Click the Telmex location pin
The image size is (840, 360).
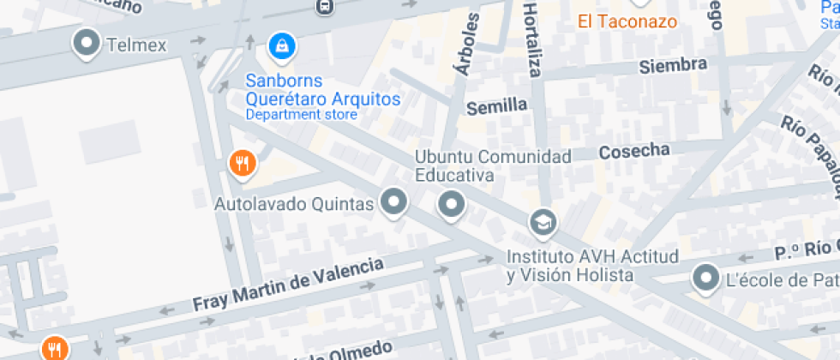point(87,43)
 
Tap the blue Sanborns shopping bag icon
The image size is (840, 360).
point(279,45)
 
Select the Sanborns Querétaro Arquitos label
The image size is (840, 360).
point(322,90)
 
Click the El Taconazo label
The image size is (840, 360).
point(627,21)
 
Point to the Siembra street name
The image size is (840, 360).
point(673,65)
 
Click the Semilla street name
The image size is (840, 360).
point(496,105)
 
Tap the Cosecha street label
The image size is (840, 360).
point(634,151)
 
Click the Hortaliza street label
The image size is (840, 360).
point(532,39)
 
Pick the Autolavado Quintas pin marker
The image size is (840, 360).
point(394,202)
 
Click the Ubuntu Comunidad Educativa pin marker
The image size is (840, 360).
point(451,204)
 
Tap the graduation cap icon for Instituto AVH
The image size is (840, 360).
point(543,223)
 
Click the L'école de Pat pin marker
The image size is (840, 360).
point(706,278)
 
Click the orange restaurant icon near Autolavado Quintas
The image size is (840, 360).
point(243,162)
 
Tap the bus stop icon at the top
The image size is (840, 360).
point(324,7)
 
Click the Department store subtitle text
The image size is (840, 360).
point(301,114)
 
